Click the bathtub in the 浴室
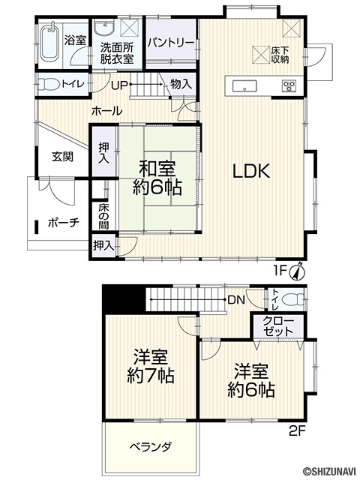point(50,43)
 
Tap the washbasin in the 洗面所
point(105,28)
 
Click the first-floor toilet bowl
point(49,84)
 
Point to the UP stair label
point(118,85)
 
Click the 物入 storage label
point(181,84)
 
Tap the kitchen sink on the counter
point(244,85)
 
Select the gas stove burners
point(289,85)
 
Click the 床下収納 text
point(280,55)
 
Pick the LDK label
point(251,171)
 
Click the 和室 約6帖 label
point(157,178)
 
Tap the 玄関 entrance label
point(62,157)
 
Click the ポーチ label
point(64,223)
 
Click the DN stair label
point(236,300)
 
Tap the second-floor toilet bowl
point(291,298)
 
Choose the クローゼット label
point(278,326)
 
